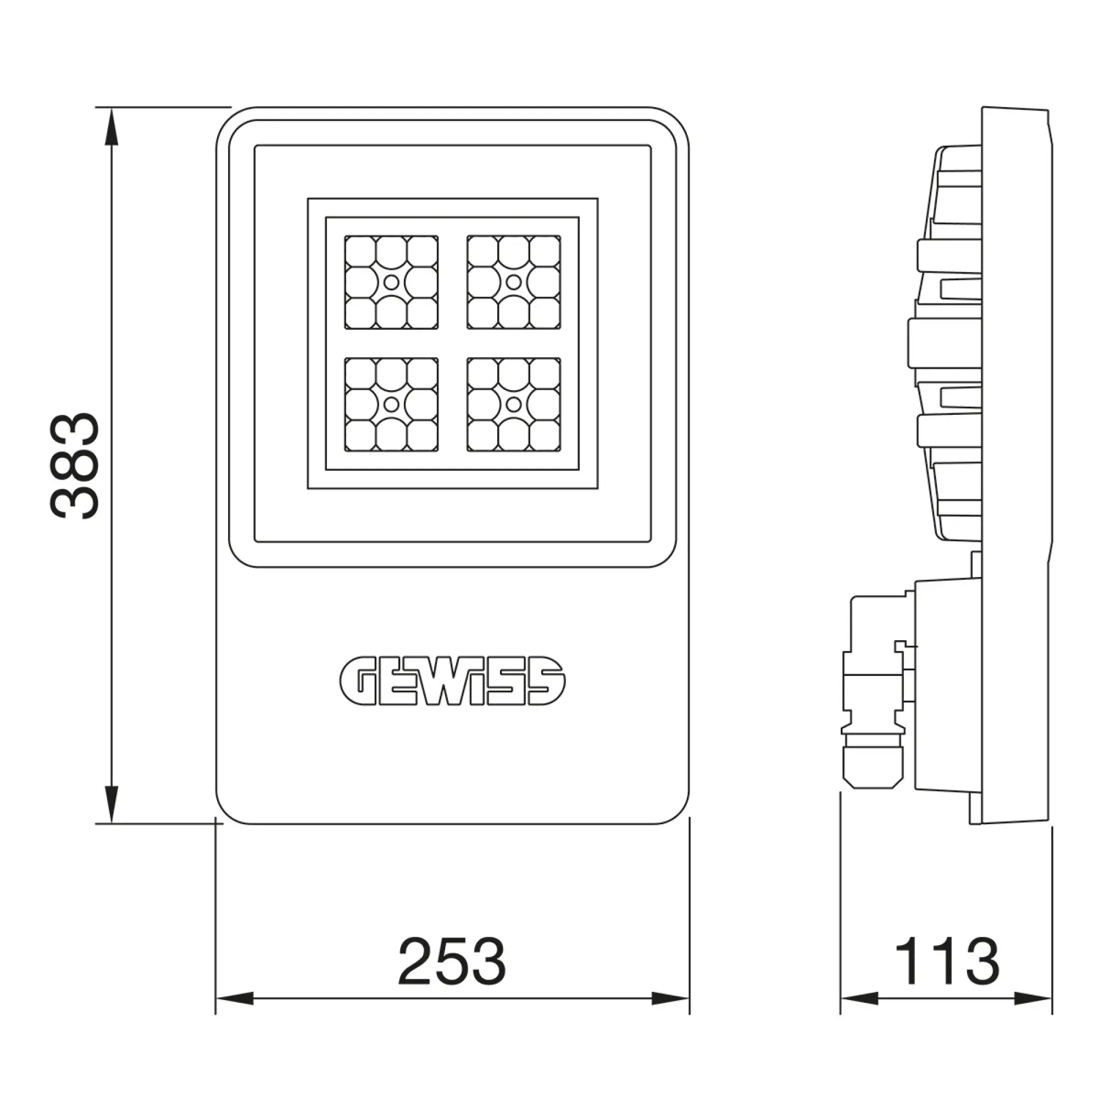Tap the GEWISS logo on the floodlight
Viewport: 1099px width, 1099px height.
(452, 681)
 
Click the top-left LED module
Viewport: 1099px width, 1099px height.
(391, 282)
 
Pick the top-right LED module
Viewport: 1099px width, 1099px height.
(514, 282)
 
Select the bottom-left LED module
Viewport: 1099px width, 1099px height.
(391, 404)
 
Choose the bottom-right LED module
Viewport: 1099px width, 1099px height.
(514, 404)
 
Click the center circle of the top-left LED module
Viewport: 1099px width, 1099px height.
(391, 282)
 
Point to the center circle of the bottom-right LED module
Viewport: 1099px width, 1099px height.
(514, 404)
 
